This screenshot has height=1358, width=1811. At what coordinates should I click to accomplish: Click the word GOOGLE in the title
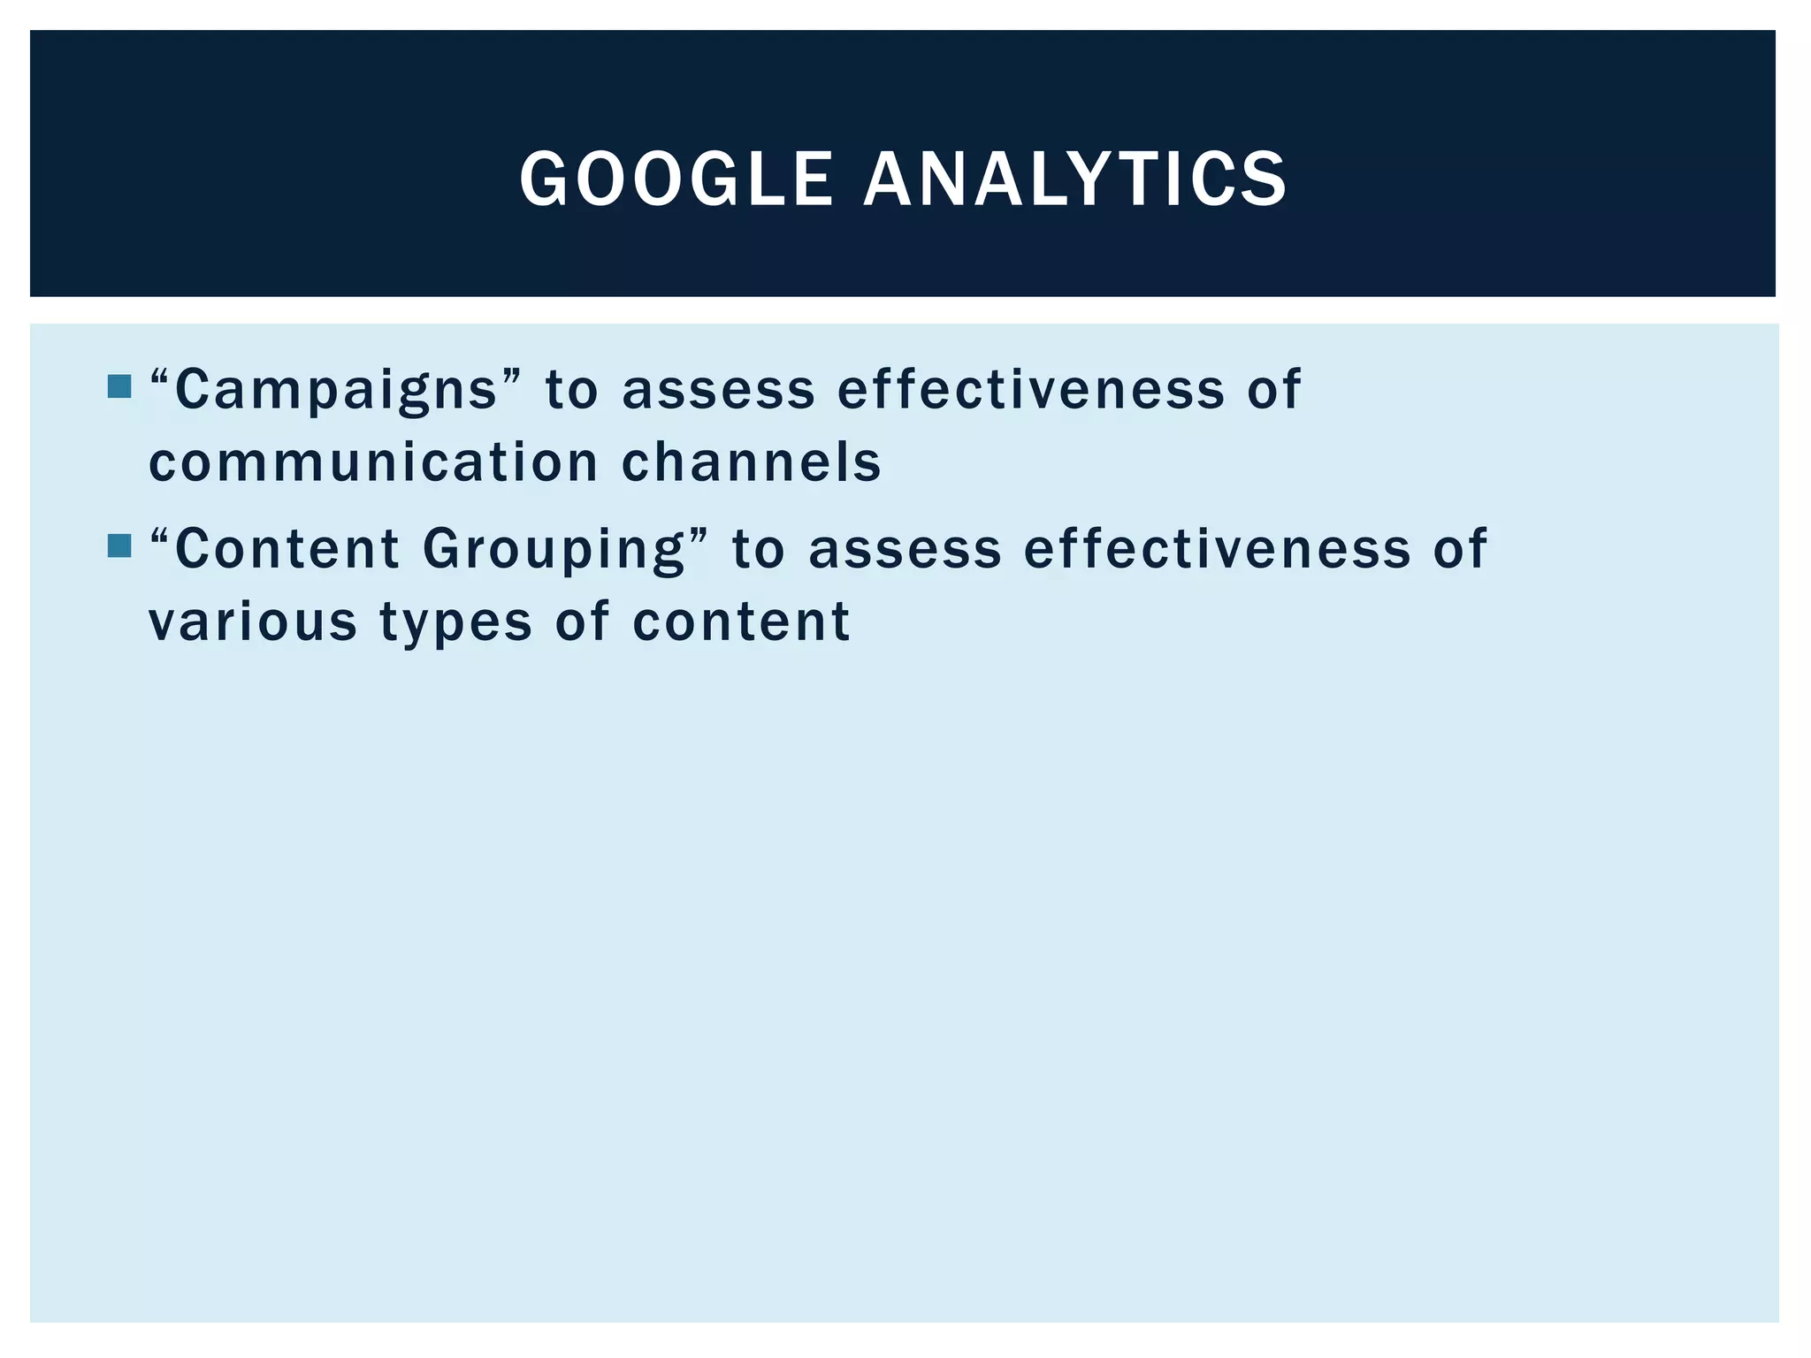click(676, 179)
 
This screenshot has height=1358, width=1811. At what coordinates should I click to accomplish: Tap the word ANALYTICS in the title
click(1074, 179)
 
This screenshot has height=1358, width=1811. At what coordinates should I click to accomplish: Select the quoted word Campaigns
click(336, 390)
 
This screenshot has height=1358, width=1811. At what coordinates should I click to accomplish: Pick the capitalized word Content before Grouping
click(287, 548)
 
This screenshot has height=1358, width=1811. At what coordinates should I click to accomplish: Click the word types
click(456, 622)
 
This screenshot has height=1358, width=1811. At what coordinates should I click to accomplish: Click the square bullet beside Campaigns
click(118, 386)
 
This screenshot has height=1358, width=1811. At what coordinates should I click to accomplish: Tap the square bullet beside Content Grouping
click(118, 545)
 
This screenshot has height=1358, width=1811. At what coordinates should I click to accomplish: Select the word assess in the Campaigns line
click(718, 390)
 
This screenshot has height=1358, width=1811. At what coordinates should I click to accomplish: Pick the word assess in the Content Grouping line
click(905, 549)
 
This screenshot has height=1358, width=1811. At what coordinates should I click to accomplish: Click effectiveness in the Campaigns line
click(1031, 389)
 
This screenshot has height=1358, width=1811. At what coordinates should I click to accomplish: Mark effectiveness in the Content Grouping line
click(1218, 548)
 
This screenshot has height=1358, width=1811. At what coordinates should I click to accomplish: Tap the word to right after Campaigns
click(571, 390)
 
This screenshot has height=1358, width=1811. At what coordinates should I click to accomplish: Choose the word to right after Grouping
click(759, 549)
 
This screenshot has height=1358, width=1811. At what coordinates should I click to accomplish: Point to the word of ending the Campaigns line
click(1274, 389)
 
